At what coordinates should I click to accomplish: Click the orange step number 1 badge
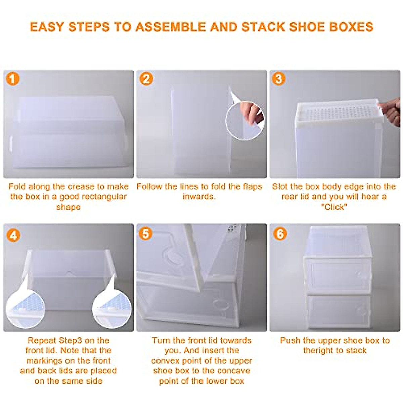[13, 79]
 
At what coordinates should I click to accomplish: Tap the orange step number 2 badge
[146, 79]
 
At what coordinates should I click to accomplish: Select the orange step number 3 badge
[279, 79]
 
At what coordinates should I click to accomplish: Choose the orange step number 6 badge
[280, 233]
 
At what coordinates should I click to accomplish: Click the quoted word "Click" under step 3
[334, 207]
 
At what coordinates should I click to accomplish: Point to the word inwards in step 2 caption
[199, 197]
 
